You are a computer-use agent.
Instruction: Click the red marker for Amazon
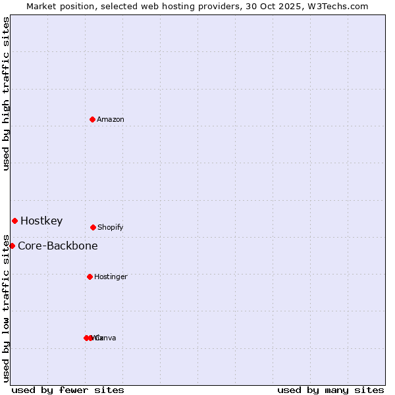coord(93,119)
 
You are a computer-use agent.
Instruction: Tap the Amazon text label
coord(110,120)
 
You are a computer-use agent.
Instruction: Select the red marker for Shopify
coord(93,227)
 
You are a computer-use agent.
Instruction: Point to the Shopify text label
coord(110,228)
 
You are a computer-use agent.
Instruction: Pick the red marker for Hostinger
coord(90,276)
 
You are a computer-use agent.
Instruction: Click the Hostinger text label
coord(111,277)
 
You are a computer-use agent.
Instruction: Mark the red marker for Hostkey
coord(14,221)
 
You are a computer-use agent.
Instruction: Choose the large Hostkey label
coord(41,221)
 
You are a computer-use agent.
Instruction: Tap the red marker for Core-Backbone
coord(12,246)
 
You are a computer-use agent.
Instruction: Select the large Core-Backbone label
coord(58,246)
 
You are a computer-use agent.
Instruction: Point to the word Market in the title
coord(42,7)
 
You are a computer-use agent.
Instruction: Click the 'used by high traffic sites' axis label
coord(6,93)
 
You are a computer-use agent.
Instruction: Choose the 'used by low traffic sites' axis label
coord(6,307)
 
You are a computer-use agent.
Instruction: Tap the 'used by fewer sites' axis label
coord(68,390)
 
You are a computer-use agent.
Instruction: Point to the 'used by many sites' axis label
coord(330,390)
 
